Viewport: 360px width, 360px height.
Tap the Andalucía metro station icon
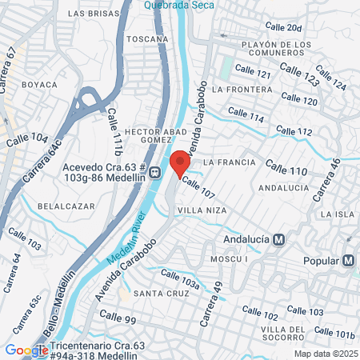[278, 238]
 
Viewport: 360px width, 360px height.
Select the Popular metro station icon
[348, 260]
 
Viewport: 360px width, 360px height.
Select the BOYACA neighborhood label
[39, 84]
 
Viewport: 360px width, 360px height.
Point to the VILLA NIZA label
[202, 210]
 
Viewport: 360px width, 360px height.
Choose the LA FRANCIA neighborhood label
[230, 162]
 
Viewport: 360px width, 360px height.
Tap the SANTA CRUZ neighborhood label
[161, 294]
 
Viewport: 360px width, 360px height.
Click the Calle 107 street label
[198, 188]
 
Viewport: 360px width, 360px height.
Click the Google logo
[26, 350]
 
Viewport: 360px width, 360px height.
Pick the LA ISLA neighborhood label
[337, 214]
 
